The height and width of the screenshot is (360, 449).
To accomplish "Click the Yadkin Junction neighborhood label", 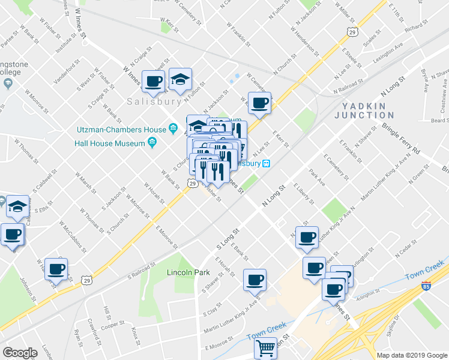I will click(368, 110).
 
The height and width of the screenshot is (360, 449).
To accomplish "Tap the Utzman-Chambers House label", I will click(121, 129).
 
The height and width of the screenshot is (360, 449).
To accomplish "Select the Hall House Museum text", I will click(110, 143).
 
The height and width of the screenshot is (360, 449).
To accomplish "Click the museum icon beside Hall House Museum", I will click(152, 143).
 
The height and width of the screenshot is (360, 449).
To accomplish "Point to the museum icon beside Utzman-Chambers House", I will click(173, 128).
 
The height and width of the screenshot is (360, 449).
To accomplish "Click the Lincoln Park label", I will click(190, 273).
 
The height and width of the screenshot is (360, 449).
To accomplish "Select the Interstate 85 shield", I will click(426, 286).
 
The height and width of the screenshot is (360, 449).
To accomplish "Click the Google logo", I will click(20, 353).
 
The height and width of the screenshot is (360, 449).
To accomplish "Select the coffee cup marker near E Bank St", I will click(255, 280).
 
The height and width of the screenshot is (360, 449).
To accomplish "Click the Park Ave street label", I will click(317, 177).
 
